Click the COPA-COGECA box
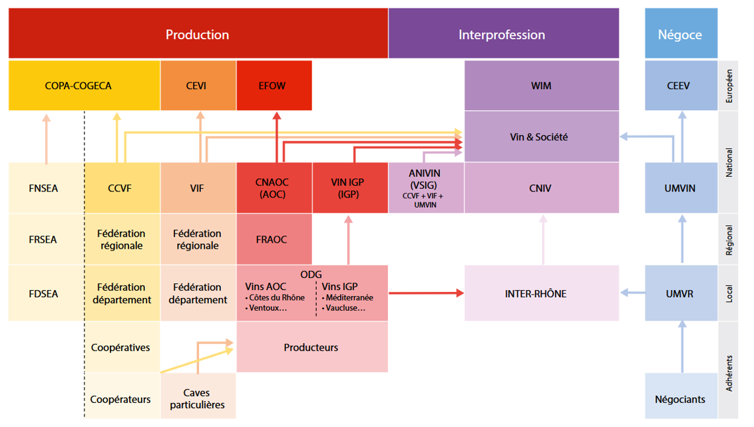point(84,86)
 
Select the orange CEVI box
point(198,86)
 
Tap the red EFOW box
point(274,86)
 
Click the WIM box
point(542,86)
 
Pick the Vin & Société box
point(542,136)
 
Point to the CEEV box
point(681,86)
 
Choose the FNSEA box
point(46,188)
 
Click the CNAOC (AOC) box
point(274,188)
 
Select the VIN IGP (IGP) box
point(350,188)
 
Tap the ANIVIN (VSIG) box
point(426,188)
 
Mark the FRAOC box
point(274,239)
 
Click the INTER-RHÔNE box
point(542,293)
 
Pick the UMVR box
point(681,293)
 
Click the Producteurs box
point(312,347)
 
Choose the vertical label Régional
point(729,240)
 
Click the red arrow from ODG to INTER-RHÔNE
point(426,293)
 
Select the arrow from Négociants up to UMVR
point(682,347)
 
